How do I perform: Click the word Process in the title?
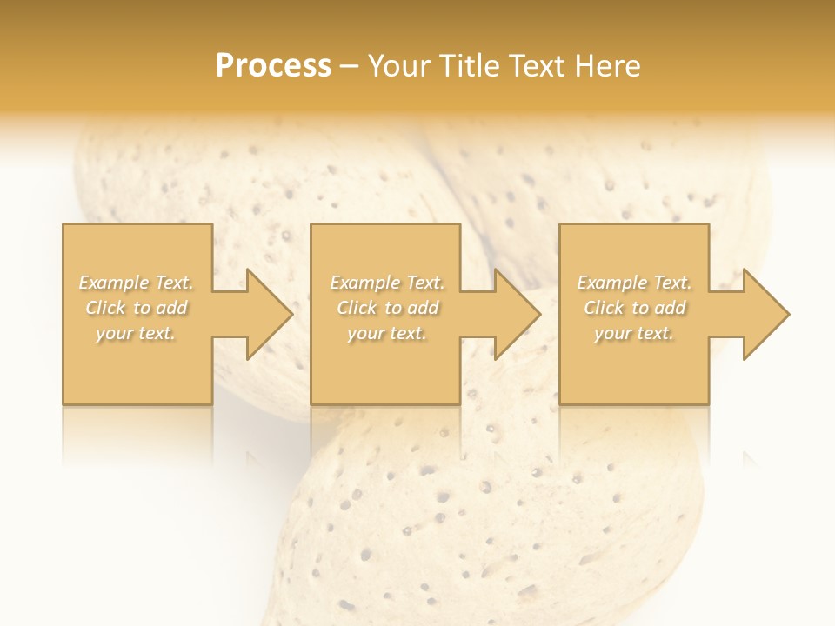tap(273, 66)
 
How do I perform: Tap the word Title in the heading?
tap(471, 66)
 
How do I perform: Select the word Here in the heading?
tap(608, 66)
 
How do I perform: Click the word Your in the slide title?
tap(398, 66)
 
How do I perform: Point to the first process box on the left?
tap(137, 374)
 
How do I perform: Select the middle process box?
tap(385, 374)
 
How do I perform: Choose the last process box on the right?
tap(633, 374)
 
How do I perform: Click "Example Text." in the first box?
tap(136, 283)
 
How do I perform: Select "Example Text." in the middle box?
tap(387, 283)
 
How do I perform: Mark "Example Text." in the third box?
tap(634, 283)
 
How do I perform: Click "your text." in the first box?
tap(136, 333)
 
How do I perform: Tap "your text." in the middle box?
tap(387, 333)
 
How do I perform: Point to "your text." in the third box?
tap(634, 333)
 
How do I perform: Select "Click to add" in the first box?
tap(136, 308)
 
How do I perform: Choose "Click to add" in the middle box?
tap(387, 308)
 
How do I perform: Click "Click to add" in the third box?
tap(634, 308)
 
